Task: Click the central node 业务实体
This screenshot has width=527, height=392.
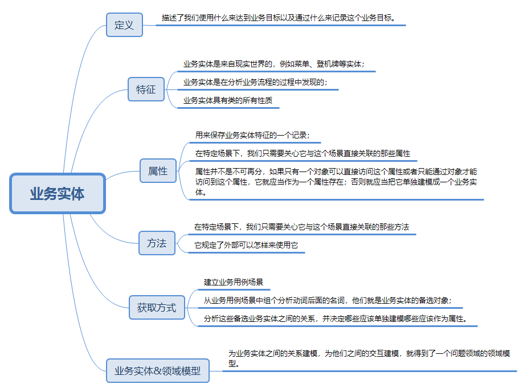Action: tap(58, 194)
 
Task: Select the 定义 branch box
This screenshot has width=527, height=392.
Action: tap(124, 25)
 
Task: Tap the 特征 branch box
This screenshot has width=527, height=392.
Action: tap(146, 89)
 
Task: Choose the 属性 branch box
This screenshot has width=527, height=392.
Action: tap(158, 170)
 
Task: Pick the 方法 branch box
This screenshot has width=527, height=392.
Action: tap(157, 243)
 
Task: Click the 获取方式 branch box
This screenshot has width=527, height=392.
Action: tap(157, 308)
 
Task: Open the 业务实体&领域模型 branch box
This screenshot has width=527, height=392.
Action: tap(158, 371)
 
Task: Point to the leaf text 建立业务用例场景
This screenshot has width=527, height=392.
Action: tap(233, 282)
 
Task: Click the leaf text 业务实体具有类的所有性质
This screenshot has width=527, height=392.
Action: tap(228, 100)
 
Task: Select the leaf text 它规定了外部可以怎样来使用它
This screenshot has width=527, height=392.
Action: tap(246, 246)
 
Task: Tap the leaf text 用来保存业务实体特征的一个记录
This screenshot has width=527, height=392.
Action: tap(252, 136)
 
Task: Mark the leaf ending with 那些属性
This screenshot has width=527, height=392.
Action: tap(303, 153)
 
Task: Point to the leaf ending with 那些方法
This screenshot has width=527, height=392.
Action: tap(301, 227)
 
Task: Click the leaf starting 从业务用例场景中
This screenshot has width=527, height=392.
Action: tap(328, 300)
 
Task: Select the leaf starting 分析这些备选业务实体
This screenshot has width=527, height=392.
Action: tap(336, 318)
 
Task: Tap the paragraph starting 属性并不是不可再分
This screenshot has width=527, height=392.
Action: tap(336, 182)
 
